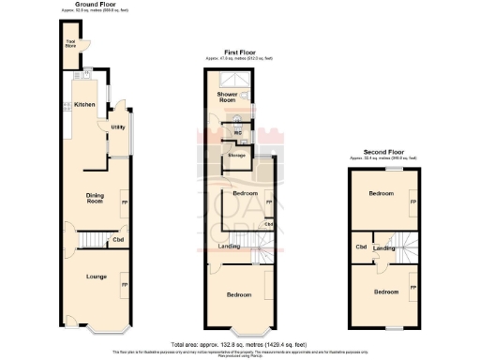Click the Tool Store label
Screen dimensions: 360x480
[70, 43]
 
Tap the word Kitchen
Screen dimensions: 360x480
[85, 104]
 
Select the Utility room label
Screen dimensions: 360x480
[118, 127]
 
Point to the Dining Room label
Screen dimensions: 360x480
[95, 198]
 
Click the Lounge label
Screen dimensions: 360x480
[96, 277]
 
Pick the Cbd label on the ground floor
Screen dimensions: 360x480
[119, 241]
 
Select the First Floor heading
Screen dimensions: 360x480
[238, 52]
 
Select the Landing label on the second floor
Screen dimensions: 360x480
[383, 247]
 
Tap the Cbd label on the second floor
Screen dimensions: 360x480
[361, 247]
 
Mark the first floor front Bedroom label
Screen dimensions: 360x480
[239, 294]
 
